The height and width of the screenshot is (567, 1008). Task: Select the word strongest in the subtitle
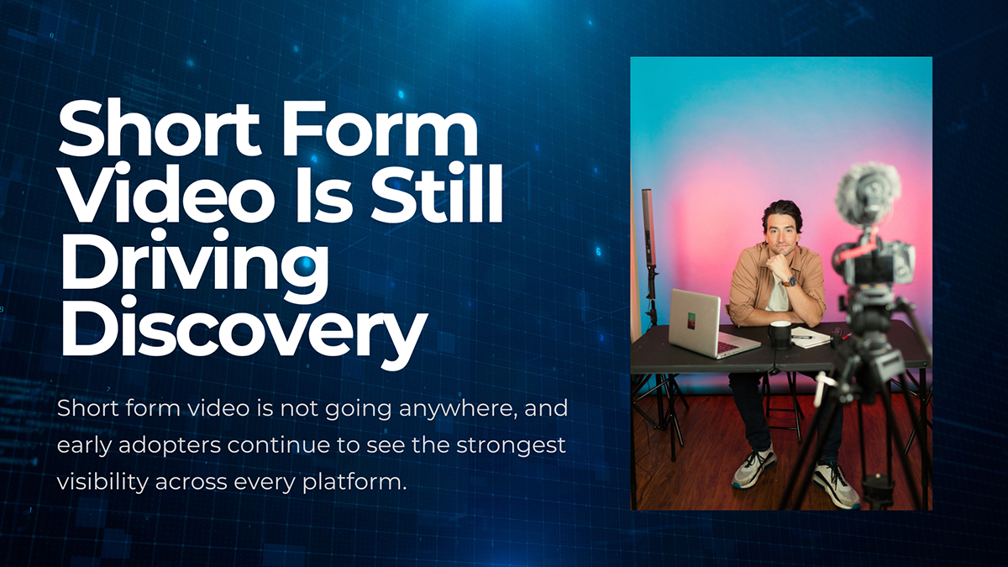[x=509, y=446]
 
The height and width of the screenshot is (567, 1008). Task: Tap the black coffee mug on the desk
[x=780, y=334]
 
